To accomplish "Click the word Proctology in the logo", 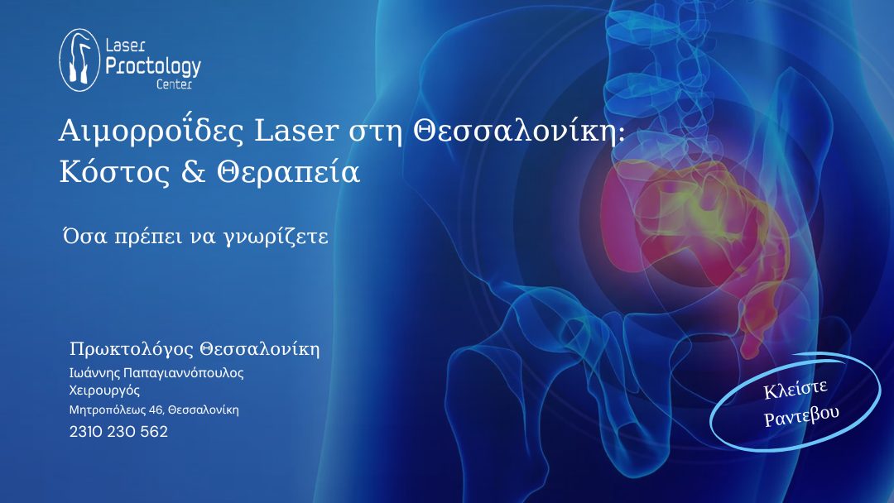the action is coord(153,67).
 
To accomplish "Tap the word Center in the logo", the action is coord(175,84).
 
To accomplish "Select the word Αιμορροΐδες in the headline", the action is coord(151,131).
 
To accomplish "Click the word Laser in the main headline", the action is coord(296,131).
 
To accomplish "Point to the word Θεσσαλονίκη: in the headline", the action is coord(519,132).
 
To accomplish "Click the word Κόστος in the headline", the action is coord(114,171).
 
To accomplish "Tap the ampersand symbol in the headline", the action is coord(193,171).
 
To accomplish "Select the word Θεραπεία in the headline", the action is coord(289,171).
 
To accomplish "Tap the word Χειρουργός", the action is coord(104,390).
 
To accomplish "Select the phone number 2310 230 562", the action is coord(118,432).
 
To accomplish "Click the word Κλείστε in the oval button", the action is coord(795,390).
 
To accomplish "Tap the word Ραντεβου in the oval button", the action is coord(801,416).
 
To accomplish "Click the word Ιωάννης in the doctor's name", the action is coord(94,373).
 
